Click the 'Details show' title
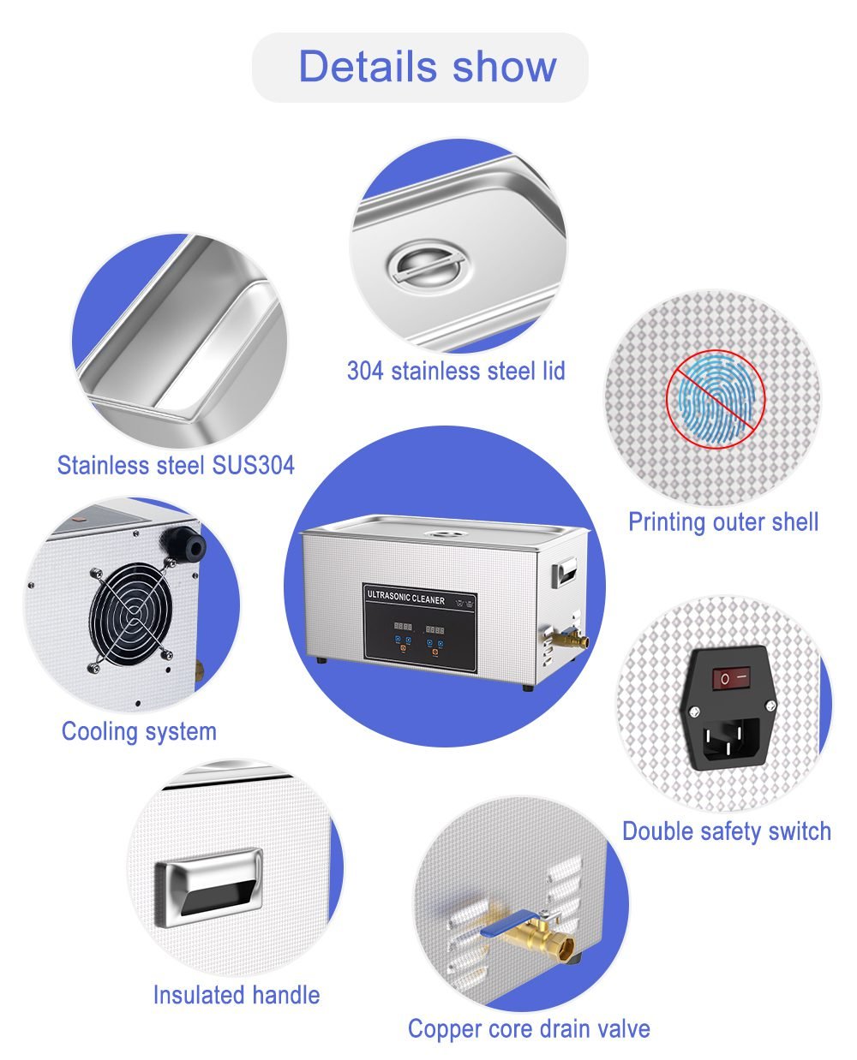427,66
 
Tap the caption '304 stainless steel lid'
456,371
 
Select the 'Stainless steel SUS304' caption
176,465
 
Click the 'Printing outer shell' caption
723,522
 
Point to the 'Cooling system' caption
139,732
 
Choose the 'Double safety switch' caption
727,831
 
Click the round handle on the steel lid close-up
429,265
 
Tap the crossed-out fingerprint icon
716,400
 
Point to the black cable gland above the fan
183,544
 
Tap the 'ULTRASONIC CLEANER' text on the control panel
405,597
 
